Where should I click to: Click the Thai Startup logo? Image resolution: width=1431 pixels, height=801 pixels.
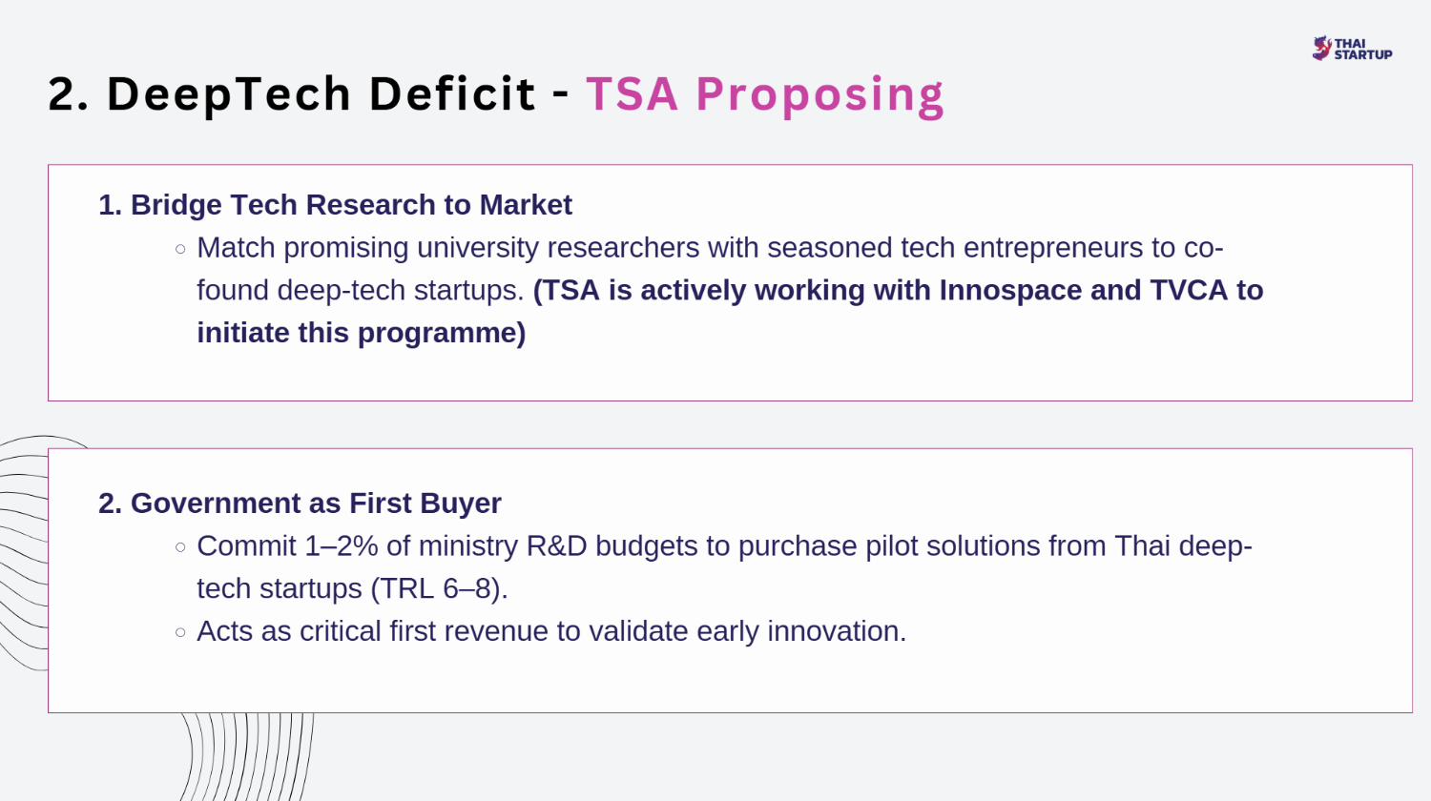click(x=1352, y=49)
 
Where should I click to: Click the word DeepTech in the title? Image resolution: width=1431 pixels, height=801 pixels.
click(x=229, y=94)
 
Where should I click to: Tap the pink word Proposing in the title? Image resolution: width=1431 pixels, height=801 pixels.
click(x=819, y=95)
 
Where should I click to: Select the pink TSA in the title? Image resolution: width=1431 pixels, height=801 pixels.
click(x=632, y=93)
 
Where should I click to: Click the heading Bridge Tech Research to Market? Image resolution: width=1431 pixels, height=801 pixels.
click(x=336, y=205)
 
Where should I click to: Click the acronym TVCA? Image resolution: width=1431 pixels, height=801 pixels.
click(x=1189, y=290)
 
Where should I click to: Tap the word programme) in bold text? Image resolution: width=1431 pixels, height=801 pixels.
click(x=442, y=333)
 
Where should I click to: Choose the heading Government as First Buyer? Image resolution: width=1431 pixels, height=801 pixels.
click(x=300, y=503)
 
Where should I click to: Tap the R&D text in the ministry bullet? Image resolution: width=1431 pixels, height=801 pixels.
click(x=556, y=546)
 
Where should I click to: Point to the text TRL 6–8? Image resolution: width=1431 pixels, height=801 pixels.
click(x=439, y=588)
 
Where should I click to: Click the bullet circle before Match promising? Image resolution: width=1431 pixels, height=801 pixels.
click(x=180, y=249)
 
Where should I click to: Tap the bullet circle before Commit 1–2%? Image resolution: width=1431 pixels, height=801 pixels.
click(x=180, y=547)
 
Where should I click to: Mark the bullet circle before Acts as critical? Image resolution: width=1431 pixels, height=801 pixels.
click(x=180, y=632)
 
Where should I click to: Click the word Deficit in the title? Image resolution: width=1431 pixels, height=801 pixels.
click(x=452, y=93)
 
